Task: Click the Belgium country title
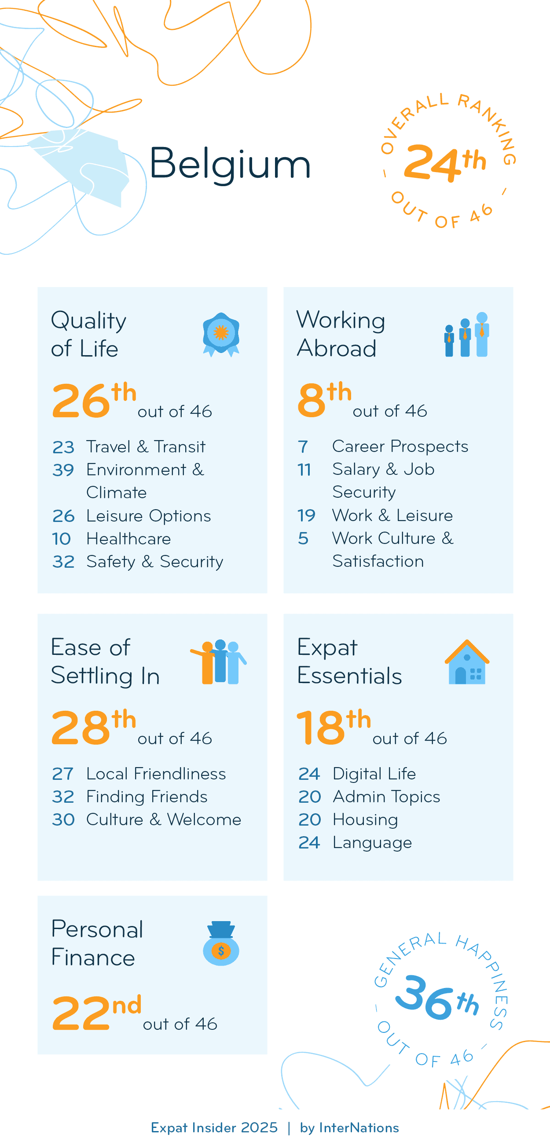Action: [x=229, y=163]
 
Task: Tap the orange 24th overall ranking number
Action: [x=444, y=163]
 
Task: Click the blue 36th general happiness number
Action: [x=436, y=998]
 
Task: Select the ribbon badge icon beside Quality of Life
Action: [x=221, y=334]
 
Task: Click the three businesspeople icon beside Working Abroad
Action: [x=466, y=334]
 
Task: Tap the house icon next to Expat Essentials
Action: [x=467, y=662]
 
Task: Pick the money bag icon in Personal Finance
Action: [x=221, y=943]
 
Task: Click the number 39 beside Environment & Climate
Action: [x=63, y=470]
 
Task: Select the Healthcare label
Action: [x=128, y=539]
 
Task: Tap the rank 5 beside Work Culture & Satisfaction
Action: [x=303, y=538]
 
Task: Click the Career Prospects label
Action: [x=400, y=446]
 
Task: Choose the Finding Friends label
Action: [x=147, y=796]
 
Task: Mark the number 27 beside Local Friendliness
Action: [x=62, y=774]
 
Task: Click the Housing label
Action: [x=365, y=819]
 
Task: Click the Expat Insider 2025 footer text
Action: [x=214, y=1128]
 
